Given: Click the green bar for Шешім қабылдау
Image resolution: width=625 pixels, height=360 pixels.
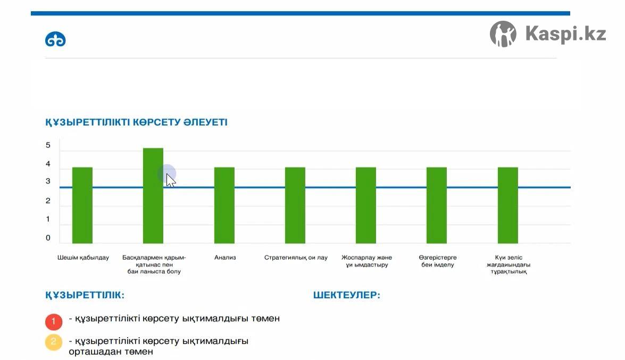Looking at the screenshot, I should (82, 205).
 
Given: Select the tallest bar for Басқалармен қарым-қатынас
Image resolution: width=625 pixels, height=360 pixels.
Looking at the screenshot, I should (153, 195).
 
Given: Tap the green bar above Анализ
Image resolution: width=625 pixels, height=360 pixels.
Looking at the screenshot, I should (224, 205).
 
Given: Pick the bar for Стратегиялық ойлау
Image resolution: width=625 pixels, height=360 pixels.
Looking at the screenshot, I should (295, 205).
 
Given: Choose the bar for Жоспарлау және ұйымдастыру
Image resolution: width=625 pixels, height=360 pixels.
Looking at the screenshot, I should (366, 205).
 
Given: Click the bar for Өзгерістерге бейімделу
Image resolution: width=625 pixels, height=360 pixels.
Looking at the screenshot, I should (437, 205).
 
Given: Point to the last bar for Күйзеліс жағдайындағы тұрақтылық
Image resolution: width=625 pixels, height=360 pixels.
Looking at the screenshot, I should (508, 205).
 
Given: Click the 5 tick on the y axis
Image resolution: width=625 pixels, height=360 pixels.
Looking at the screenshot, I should (48, 145).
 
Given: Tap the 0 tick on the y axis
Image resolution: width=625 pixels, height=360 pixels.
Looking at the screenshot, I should (48, 238).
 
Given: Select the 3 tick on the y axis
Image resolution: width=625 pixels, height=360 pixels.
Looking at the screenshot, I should (48, 181).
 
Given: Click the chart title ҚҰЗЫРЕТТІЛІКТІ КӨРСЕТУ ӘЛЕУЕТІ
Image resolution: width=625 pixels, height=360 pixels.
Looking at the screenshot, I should (136, 122).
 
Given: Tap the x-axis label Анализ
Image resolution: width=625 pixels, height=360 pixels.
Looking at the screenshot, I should (225, 258).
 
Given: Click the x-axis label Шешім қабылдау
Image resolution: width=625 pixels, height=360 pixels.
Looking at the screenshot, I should (83, 258).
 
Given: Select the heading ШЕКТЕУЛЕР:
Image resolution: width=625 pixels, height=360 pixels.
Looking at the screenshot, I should (347, 296).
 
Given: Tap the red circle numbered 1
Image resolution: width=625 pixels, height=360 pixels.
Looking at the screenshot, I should (54, 322).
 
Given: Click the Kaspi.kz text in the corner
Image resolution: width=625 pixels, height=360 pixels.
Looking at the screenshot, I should (565, 34).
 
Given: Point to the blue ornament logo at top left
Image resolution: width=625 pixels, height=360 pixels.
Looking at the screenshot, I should (55, 40).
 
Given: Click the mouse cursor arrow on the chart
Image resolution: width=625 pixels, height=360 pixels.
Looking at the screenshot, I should (170, 180).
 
